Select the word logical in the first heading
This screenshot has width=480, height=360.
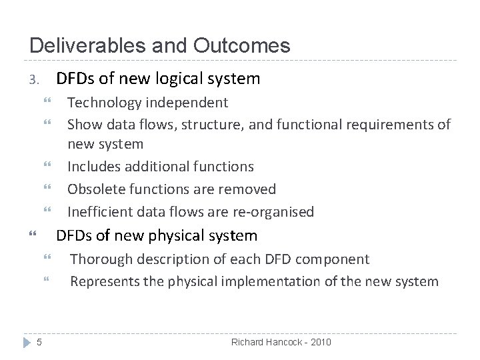pyautogui.click(x=180, y=79)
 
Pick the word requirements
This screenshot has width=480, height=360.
pyautogui.click(x=376, y=124)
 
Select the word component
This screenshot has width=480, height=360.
pyautogui.click(x=337, y=259)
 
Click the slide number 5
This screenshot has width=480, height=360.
pyautogui.click(x=39, y=343)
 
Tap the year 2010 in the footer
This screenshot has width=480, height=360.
pyautogui.click(x=317, y=342)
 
